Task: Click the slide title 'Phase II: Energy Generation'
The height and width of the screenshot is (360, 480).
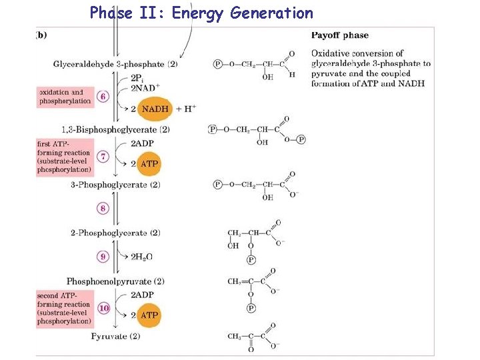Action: point(201,13)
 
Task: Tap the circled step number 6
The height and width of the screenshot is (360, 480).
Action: point(103,96)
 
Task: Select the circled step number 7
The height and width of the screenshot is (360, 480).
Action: point(103,156)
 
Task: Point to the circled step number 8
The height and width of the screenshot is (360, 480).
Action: point(103,209)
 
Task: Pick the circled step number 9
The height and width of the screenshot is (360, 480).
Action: point(103,255)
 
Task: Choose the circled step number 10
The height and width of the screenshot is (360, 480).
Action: point(103,308)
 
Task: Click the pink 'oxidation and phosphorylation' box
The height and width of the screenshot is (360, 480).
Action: point(65,97)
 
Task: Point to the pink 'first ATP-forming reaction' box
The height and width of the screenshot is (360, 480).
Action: point(65,156)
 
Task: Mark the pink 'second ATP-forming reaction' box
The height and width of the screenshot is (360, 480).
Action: point(65,308)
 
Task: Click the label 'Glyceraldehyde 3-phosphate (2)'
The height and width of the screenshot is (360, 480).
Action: point(115,64)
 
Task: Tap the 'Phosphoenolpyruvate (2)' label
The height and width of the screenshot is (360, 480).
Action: point(115,281)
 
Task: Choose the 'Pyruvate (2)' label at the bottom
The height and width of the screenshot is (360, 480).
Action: point(115,336)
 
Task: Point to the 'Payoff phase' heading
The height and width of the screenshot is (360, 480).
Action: point(340,35)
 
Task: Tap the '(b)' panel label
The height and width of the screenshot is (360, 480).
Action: point(41,35)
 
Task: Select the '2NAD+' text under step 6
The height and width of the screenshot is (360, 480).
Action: point(143,88)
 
